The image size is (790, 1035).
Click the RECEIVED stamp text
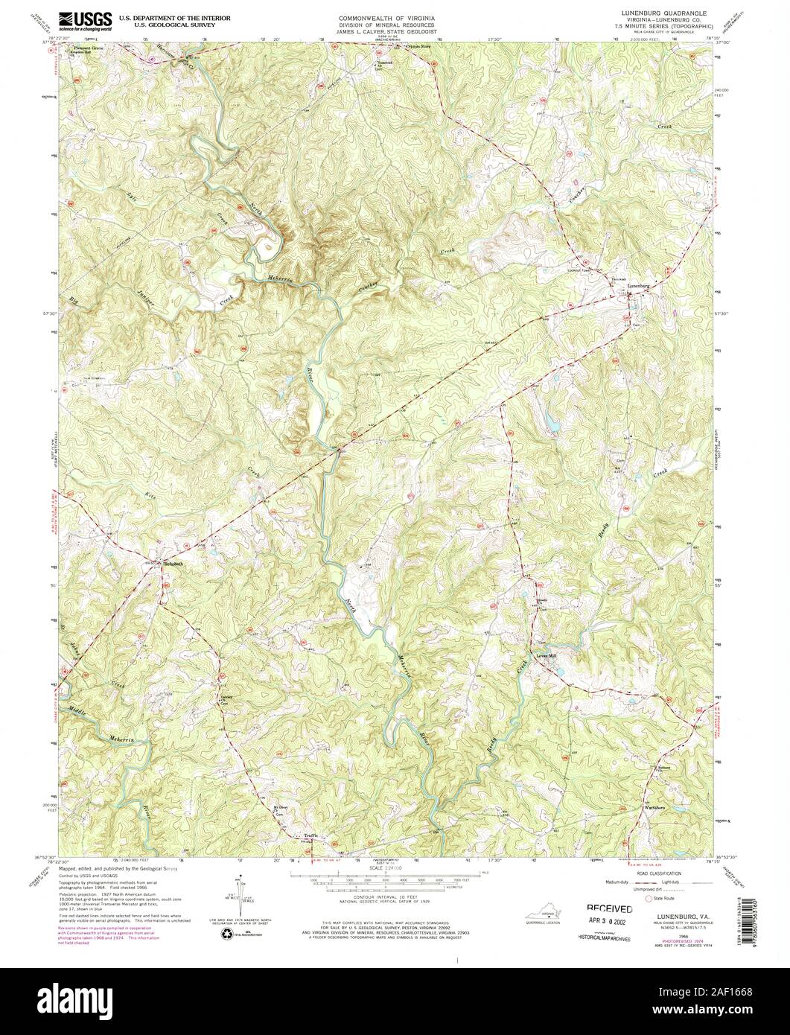[610, 908]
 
